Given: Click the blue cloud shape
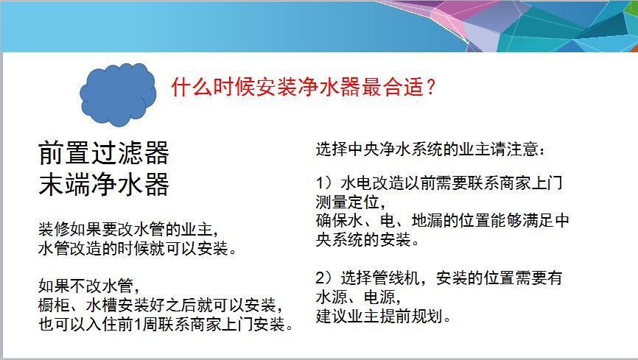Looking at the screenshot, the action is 118,94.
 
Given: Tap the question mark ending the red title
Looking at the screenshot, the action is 430,87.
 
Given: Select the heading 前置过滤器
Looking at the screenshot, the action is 104,153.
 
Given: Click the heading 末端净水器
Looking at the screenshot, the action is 104,184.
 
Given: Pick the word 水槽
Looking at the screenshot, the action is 102,305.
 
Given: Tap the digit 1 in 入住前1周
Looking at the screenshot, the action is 138,325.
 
